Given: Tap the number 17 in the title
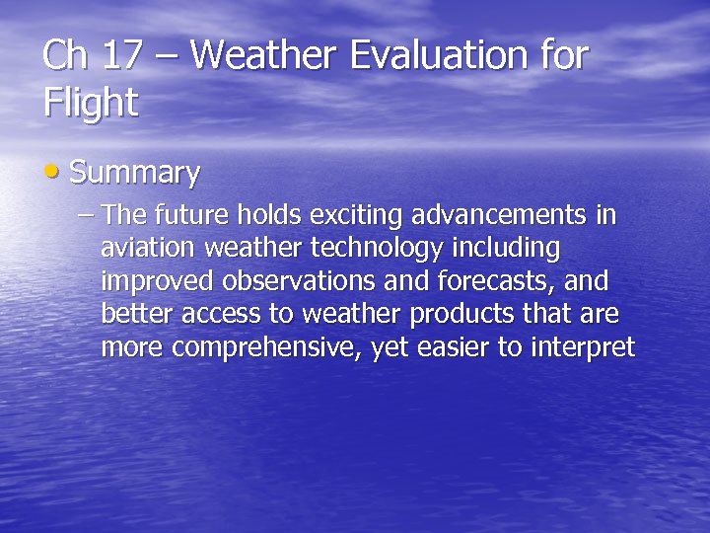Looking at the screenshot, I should pos(121,56).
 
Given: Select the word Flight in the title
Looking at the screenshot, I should pos(91,102).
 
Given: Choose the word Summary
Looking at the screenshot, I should pos(135,175).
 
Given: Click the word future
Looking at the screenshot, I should pos(187,214).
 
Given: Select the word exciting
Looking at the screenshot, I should pos(361,215).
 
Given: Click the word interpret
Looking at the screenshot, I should pos(583,348).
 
